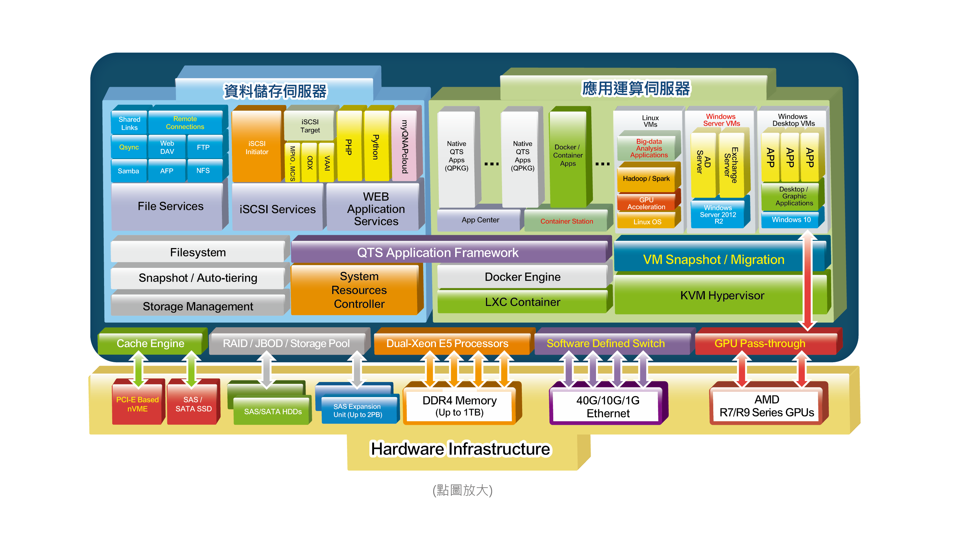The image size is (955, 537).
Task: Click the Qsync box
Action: pos(129,147)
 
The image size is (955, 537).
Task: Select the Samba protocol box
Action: pos(128,171)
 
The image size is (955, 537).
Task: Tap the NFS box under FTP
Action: pos(203,171)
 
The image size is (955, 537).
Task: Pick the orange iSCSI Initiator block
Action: pos(257,147)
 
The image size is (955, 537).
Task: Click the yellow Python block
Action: pos(376,147)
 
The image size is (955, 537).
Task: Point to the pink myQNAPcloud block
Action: pos(405,147)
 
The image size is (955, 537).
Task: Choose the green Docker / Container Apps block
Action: pos(568,155)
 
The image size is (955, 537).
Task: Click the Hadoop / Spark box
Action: pos(646,179)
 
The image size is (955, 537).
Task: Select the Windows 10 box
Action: pos(791,220)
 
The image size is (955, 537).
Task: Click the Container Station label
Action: pos(566,221)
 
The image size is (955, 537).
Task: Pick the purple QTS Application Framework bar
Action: pos(438,253)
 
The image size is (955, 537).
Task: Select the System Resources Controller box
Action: pos(359,290)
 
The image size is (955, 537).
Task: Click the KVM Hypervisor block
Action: pos(722,296)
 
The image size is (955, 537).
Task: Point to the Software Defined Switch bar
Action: pos(605,343)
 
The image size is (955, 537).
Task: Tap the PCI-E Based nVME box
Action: pos(138,404)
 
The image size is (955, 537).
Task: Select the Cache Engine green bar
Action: pos(150,343)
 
